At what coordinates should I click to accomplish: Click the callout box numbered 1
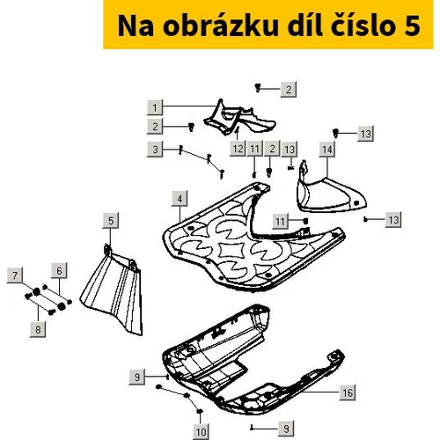click(x=155, y=107)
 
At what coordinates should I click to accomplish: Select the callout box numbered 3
click(x=155, y=150)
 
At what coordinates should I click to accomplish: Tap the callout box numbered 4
click(x=180, y=199)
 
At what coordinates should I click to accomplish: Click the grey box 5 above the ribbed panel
click(x=111, y=221)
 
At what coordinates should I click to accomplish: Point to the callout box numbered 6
click(x=59, y=270)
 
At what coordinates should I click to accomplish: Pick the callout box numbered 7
click(x=15, y=275)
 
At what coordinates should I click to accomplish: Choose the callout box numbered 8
click(x=38, y=329)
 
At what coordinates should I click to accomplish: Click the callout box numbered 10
click(x=201, y=432)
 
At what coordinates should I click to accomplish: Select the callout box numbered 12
click(x=238, y=149)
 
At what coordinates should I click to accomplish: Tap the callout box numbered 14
click(x=327, y=150)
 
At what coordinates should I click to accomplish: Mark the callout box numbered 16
click(x=348, y=392)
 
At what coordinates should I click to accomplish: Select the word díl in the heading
click(x=304, y=26)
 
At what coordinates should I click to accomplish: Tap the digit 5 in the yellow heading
click(x=413, y=26)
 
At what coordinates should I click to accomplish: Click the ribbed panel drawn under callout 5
click(x=113, y=292)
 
